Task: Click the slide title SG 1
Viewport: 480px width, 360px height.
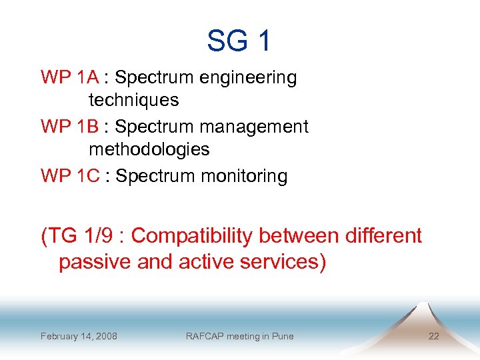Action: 239,41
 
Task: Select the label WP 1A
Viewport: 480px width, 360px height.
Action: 70,77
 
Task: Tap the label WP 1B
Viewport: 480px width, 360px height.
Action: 70,127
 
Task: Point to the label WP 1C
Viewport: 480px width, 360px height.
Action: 70,176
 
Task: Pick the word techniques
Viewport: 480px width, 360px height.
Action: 133,101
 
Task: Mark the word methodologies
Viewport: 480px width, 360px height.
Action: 149,149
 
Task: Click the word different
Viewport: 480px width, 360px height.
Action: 383,236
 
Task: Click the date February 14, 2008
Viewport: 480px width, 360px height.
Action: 79,336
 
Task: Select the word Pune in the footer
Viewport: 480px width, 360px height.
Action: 282,336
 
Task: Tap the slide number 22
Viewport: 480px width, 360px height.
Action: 433,336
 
